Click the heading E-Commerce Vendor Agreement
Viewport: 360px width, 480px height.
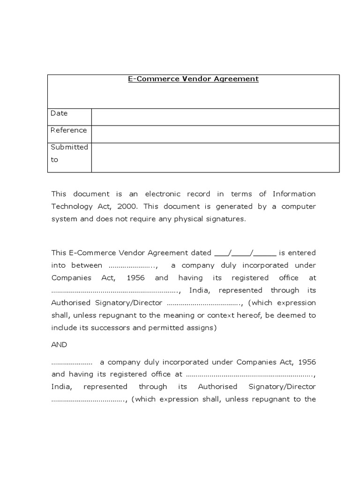tap(193, 79)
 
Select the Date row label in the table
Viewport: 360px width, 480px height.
tap(59, 113)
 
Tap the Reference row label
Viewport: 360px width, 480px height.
tap(68, 130)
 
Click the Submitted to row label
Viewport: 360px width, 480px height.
tap(69, 153)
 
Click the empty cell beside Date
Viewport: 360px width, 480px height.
tap(215, 117)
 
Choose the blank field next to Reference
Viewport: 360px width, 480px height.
tap(215, 134)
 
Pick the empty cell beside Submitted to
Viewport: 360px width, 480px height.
tap(215, 157)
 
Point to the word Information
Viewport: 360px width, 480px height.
tap(294, 194)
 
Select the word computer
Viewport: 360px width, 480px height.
tap(299, 206)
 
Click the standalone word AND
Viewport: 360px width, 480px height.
tap(59, 345)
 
